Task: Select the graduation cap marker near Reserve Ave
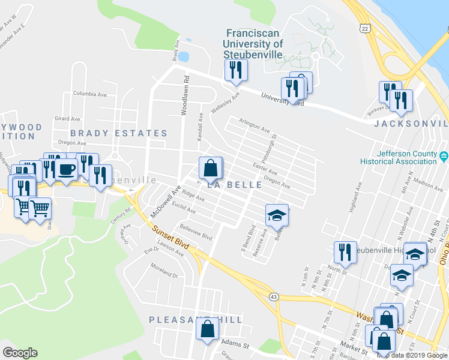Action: coord(277,215)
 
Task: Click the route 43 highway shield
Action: coord(274,297)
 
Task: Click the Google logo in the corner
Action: coord(20,353)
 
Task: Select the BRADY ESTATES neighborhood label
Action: coord(118,133)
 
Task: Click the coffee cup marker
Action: coord(66,170)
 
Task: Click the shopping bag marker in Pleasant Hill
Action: coord(208,329)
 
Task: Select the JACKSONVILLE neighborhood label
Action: coord(411,124)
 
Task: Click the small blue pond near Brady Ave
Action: coord(183,57)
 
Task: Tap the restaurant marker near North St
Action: coord(345,252)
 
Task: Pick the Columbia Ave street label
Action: coord(89,94)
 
